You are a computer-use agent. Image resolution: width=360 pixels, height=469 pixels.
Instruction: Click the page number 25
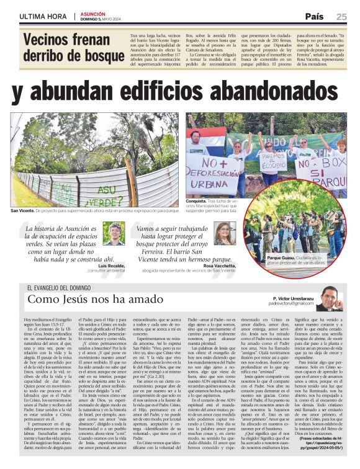point(341,17)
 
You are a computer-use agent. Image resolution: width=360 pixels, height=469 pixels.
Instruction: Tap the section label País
point(314,17)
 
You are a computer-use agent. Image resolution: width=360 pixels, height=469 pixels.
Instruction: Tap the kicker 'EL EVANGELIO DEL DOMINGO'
point(63,287)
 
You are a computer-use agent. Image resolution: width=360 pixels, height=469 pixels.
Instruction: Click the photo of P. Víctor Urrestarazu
point(330,299)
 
